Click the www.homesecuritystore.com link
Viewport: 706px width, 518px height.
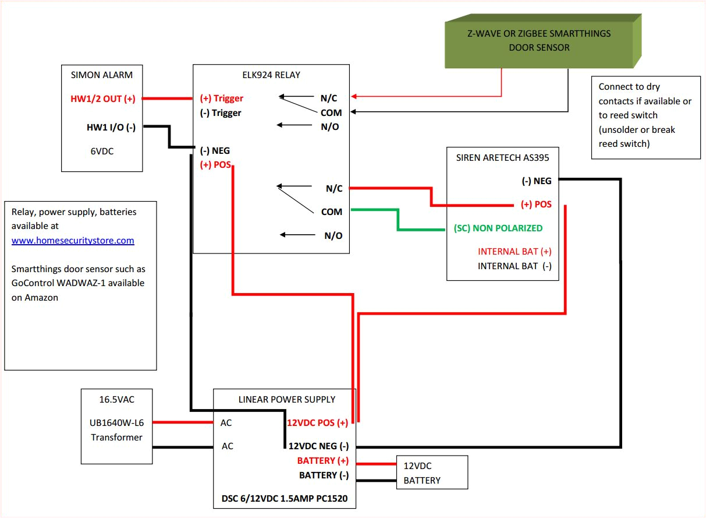coord(73,240)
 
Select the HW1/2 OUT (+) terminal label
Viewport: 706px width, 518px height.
coord(103,98)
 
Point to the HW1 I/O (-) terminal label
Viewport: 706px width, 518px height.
coord(111,127)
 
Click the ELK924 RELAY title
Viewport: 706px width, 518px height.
coord(271,75)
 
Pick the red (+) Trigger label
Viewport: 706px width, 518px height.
coord(222,98)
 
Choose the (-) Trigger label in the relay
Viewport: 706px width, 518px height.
coord(221,112)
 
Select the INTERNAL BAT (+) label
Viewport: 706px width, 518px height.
coord(515,252)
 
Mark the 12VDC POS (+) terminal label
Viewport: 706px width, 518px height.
coord(317,422)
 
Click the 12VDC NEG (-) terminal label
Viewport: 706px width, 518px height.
coord(318,446)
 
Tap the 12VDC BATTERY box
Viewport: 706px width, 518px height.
coord(431,473)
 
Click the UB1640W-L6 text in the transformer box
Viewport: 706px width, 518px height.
coord(116,423)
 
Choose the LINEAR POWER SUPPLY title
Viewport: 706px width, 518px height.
coord(286,399)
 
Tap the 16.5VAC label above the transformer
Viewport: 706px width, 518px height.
coord(116,400)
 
